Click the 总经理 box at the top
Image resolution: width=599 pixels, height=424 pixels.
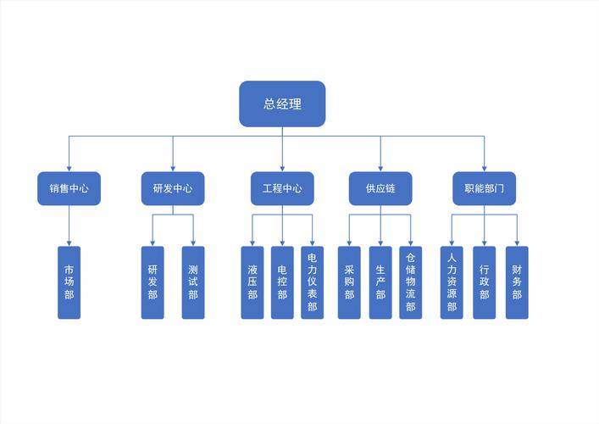coord(282,103)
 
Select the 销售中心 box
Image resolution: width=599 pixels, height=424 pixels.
coord(69,188)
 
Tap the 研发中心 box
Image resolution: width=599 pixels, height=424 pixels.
coord(173,188)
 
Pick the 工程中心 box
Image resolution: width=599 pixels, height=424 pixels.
coord(282,188)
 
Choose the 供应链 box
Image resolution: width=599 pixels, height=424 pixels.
coord(380,188)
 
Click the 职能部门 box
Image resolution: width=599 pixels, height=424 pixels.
coord(485,188)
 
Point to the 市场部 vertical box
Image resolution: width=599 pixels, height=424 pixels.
coord(69,282)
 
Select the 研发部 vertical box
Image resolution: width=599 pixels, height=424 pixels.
coord(153,282)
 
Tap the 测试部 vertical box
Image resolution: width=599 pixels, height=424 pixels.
coord(193,282)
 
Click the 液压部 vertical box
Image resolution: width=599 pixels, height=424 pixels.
coord(252,282)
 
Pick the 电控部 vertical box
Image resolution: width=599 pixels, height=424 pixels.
coord(282,282)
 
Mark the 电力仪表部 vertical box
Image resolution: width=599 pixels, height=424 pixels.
coord(313,282)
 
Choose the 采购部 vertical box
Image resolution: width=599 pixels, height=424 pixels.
coord(349,282)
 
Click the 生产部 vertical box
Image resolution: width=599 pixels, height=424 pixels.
coord(380,282)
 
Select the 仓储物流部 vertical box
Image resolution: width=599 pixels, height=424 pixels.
coord(411,282)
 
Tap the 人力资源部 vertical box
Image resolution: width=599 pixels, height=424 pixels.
coord(452,282)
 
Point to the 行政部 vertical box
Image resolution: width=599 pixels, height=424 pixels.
coord(485,282)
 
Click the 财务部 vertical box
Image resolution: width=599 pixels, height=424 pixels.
coord(517,282)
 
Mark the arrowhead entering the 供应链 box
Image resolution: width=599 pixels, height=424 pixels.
coord(380,168)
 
